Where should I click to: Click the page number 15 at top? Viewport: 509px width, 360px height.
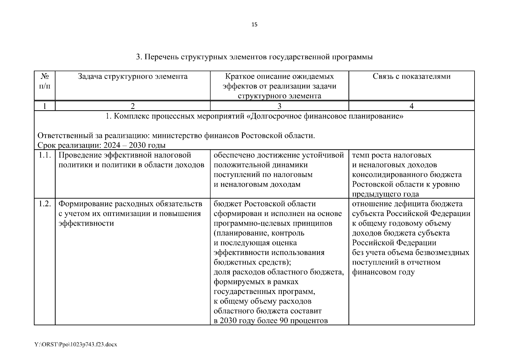point(254,25)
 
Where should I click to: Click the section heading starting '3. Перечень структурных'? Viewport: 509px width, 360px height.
point(254,57)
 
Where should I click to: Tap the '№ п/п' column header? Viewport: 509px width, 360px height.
point(45,81)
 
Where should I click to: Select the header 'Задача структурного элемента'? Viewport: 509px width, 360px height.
point(132,76)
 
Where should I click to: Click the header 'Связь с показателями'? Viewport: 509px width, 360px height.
point(411,76)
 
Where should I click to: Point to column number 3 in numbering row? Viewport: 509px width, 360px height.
point(279,106)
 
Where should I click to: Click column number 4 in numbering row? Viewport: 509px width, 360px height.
point(411,106)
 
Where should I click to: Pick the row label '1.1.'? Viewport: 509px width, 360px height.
point(45,155)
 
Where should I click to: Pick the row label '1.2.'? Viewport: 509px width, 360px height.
point(45,204)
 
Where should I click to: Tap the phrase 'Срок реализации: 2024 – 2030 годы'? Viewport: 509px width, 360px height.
point(102,145)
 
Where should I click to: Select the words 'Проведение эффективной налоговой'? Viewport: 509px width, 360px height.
point(124,155)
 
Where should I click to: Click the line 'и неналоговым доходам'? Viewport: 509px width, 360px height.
point(257,184)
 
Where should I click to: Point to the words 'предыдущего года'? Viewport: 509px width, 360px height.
point(385,194)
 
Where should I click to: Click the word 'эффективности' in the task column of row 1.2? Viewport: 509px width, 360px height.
point(86,223)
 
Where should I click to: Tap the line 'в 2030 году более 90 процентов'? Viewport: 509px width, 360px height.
point(271,321)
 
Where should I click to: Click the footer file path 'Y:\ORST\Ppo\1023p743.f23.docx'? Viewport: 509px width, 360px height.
point(76,344)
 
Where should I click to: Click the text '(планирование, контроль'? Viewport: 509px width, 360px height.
point(259,233)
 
